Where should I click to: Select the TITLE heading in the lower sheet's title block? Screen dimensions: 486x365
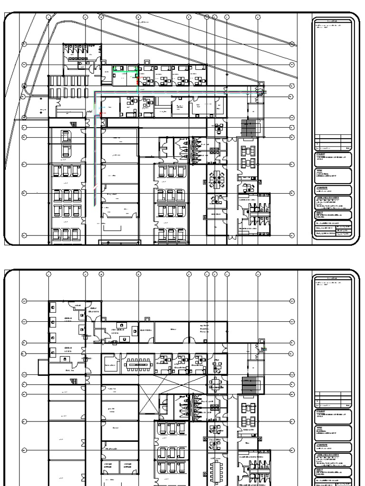(x=319, y=428)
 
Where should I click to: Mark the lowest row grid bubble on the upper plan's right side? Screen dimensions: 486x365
(x=292, y=234)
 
